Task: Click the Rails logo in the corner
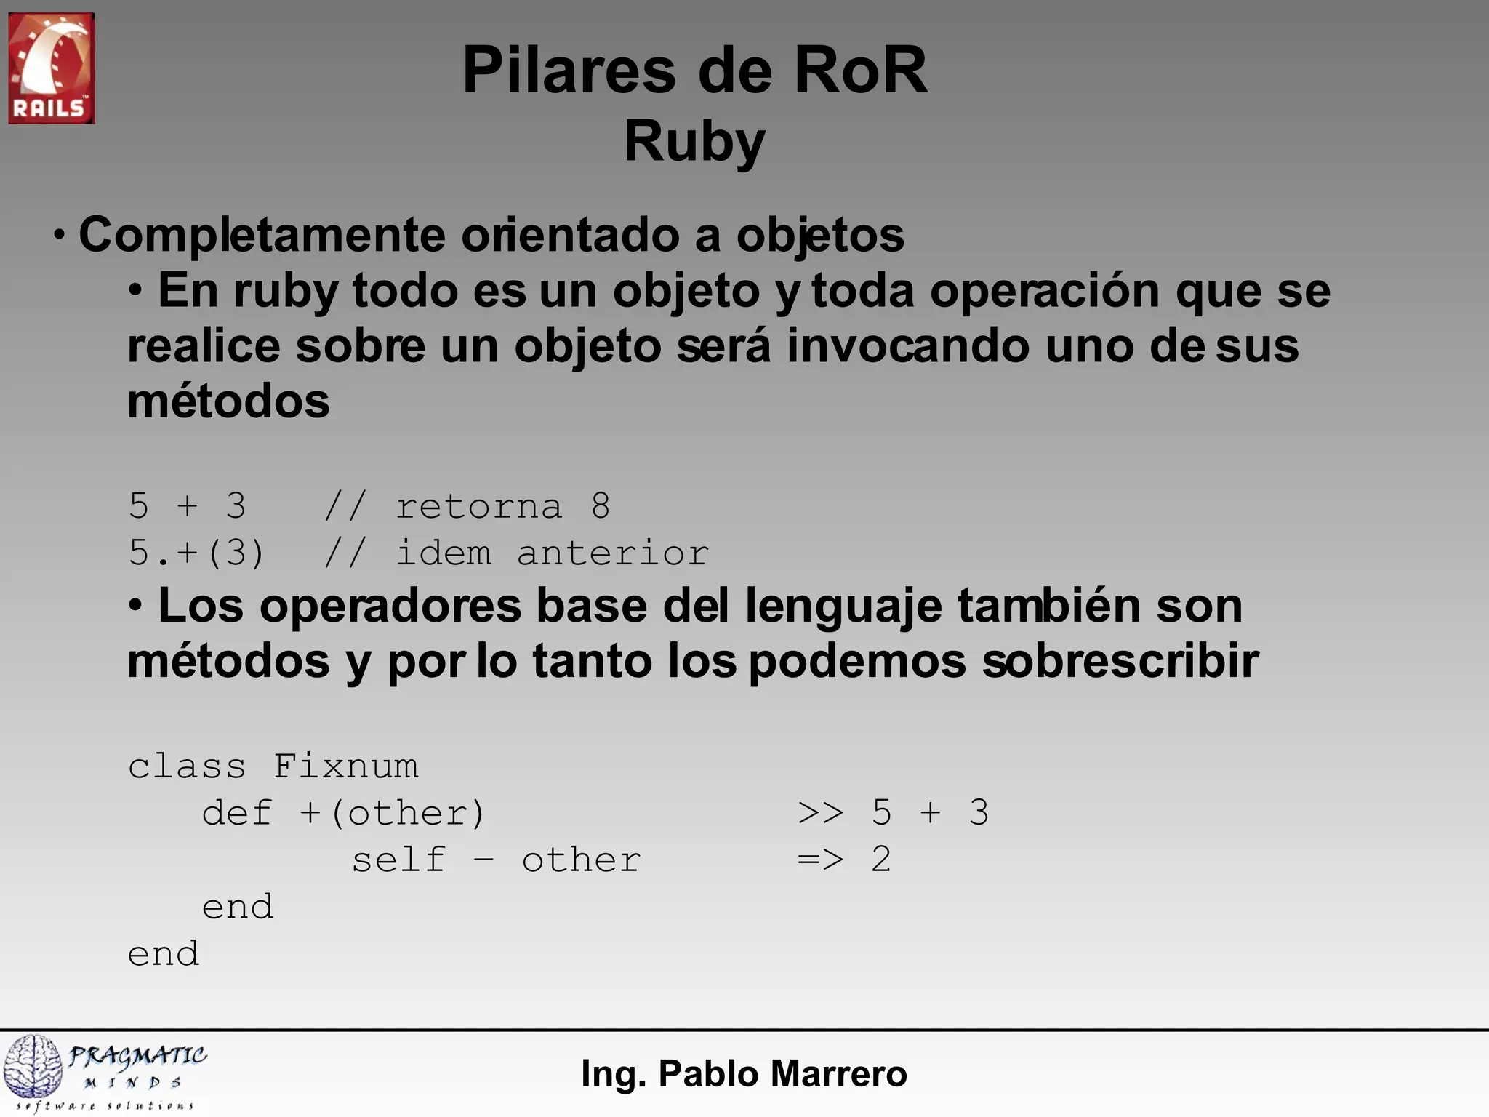click(x=51, y=68)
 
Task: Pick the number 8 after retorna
click(x=600, y=505)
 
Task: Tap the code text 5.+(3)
click(x=196, y=553)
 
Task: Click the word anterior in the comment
click(x=612, y=553)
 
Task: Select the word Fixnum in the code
click(x=346, y=766)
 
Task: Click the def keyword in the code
click(x=237, y=813)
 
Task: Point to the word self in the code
click(x=398, y=860)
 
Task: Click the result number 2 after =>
click(x=881, y=860)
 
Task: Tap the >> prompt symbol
click(x=821, y=813)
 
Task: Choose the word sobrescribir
click(x=1120, y=661)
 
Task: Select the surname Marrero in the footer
click(x=839, y=1074)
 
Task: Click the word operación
click(x=1045, y=291)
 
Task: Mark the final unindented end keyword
click(x=164, y=954)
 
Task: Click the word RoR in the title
click(x=860, y=71)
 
